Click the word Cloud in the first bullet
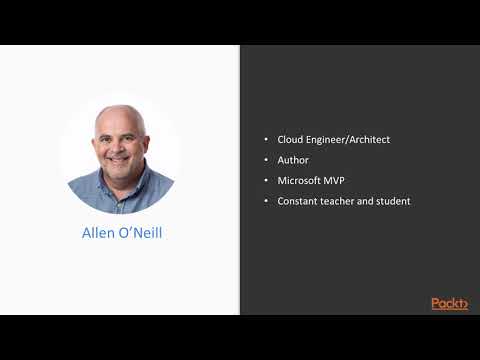289,139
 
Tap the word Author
292,160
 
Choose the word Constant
297,201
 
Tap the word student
393,201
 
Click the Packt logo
449,303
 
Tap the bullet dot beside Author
266,160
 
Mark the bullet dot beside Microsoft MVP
266,181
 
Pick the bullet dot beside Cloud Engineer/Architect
266,139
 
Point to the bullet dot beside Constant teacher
266,201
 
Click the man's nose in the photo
119,145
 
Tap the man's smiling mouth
119,158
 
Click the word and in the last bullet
368,201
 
